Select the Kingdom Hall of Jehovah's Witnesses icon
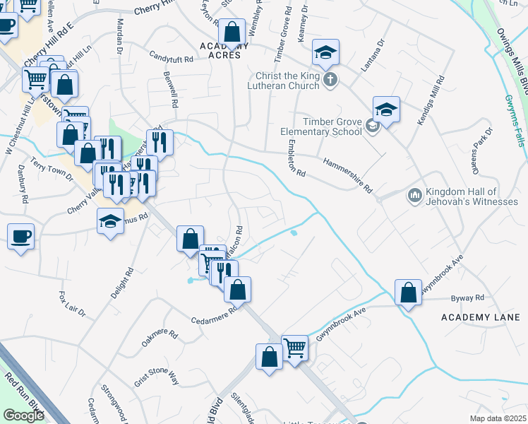pyautogui.click(x=414, y=194)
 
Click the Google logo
pyautogui.click(x=23, y=415)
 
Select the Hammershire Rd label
pyautogui.click(x=347, y=175)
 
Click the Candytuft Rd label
pyautogui.click(x=172, y=56)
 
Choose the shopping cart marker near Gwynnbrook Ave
pyautogui.click(x=294, y=347)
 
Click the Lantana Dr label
pyautogui.click(x=374, y=55)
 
